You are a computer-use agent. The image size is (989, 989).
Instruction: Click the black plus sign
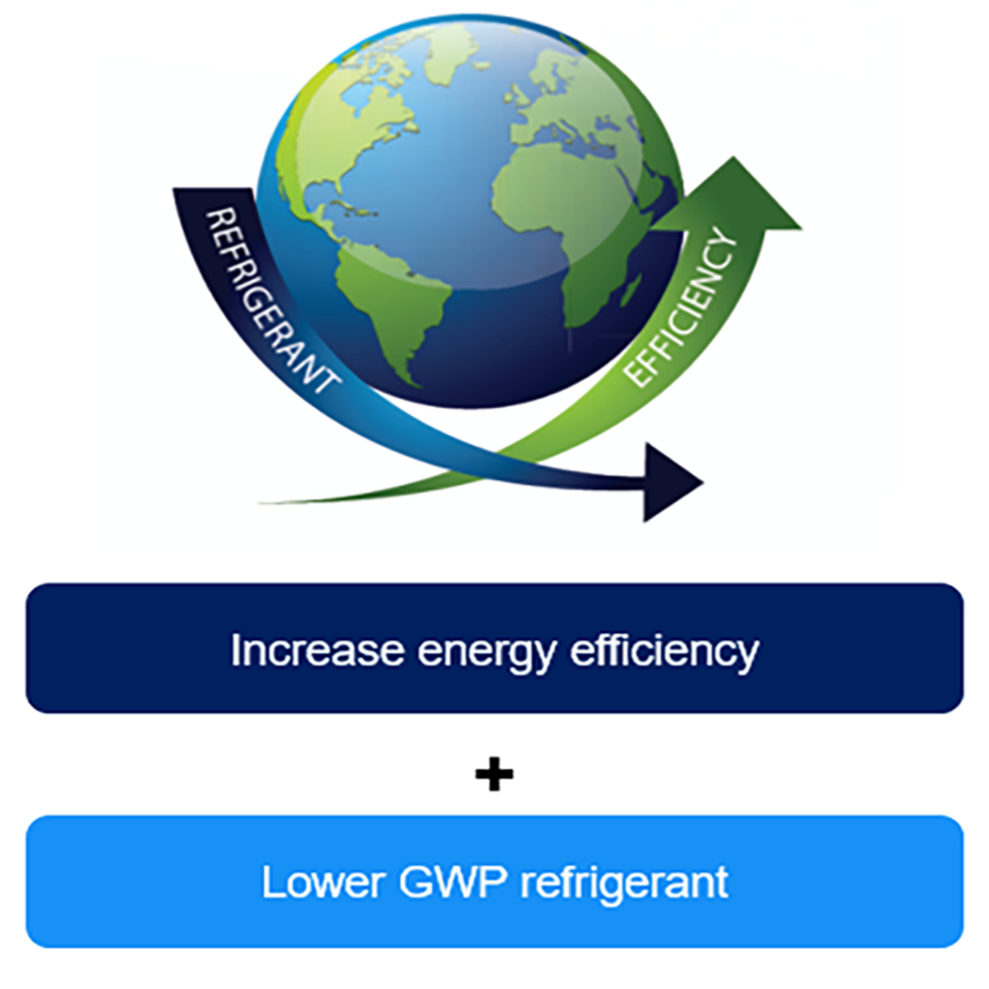pyautogui.click(x=494, y=773)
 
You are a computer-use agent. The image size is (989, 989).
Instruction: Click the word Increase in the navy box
pyautogui.click(x=317, y=650)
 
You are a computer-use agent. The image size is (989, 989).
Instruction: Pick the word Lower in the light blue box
pyautogui.click(x=323, y=882)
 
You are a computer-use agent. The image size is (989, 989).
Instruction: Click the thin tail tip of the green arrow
pyautogui.click(x=263, y=503)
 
